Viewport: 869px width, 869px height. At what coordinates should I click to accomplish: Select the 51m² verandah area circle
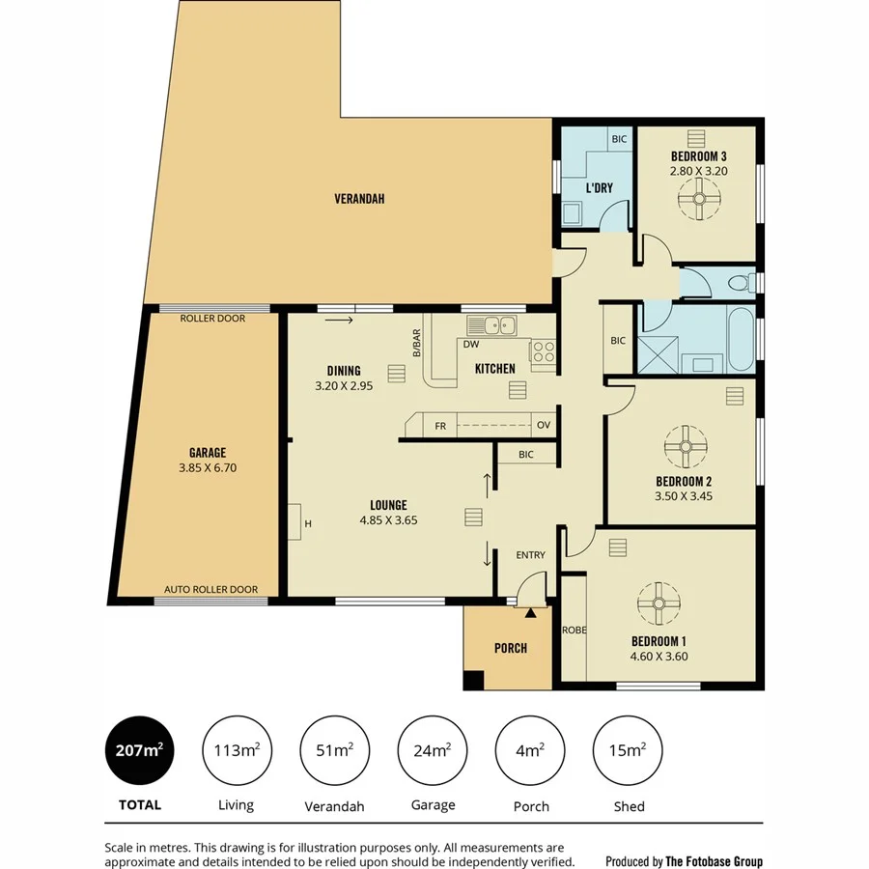335,750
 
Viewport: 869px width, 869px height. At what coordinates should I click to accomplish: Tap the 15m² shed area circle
628,750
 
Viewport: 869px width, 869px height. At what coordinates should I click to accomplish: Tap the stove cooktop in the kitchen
544,352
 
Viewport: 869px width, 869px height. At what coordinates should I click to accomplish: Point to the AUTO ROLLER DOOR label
210,589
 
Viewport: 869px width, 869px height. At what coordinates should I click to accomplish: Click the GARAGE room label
208,452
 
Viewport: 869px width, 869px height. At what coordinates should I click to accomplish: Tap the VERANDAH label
359,199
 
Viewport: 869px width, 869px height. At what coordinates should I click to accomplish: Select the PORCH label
511,648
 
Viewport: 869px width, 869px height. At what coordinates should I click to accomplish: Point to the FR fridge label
440,425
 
